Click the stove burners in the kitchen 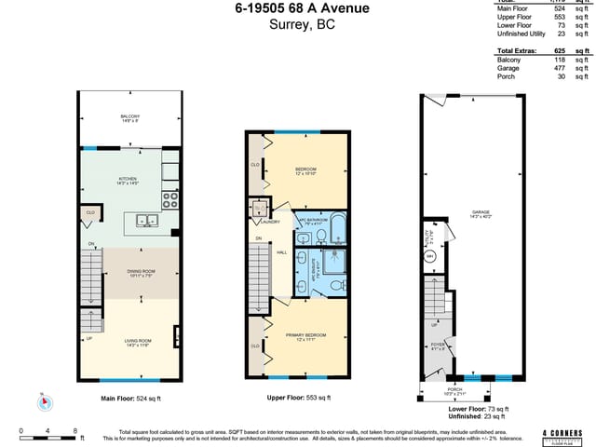tap(170, 197)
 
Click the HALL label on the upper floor tap(281, 252)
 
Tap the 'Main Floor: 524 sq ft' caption tap(130, 398)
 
